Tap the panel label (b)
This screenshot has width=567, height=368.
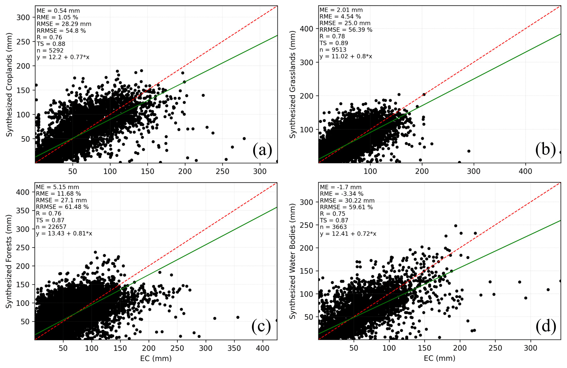(545, 149)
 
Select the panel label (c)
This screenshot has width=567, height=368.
(261, 326)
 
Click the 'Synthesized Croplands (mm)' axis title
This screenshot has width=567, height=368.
(9, 85)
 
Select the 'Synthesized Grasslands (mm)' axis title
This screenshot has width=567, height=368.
(293, 84)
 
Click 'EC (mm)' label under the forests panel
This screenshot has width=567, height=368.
(156, 358)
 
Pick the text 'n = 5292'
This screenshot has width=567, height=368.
(50, 51)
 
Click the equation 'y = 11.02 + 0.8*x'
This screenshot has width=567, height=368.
(346, 56)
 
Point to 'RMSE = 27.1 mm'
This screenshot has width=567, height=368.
(61, 200)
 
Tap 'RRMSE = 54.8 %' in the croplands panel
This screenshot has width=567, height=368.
(61, 31)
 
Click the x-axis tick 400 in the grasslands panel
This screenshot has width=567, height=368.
(525, 172)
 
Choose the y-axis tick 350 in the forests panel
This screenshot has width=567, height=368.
(23, 211)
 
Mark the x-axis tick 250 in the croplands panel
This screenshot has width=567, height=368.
(222, 172)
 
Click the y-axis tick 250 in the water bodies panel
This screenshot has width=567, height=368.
(306, 225)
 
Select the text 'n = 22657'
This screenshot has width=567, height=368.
(51, 227)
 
